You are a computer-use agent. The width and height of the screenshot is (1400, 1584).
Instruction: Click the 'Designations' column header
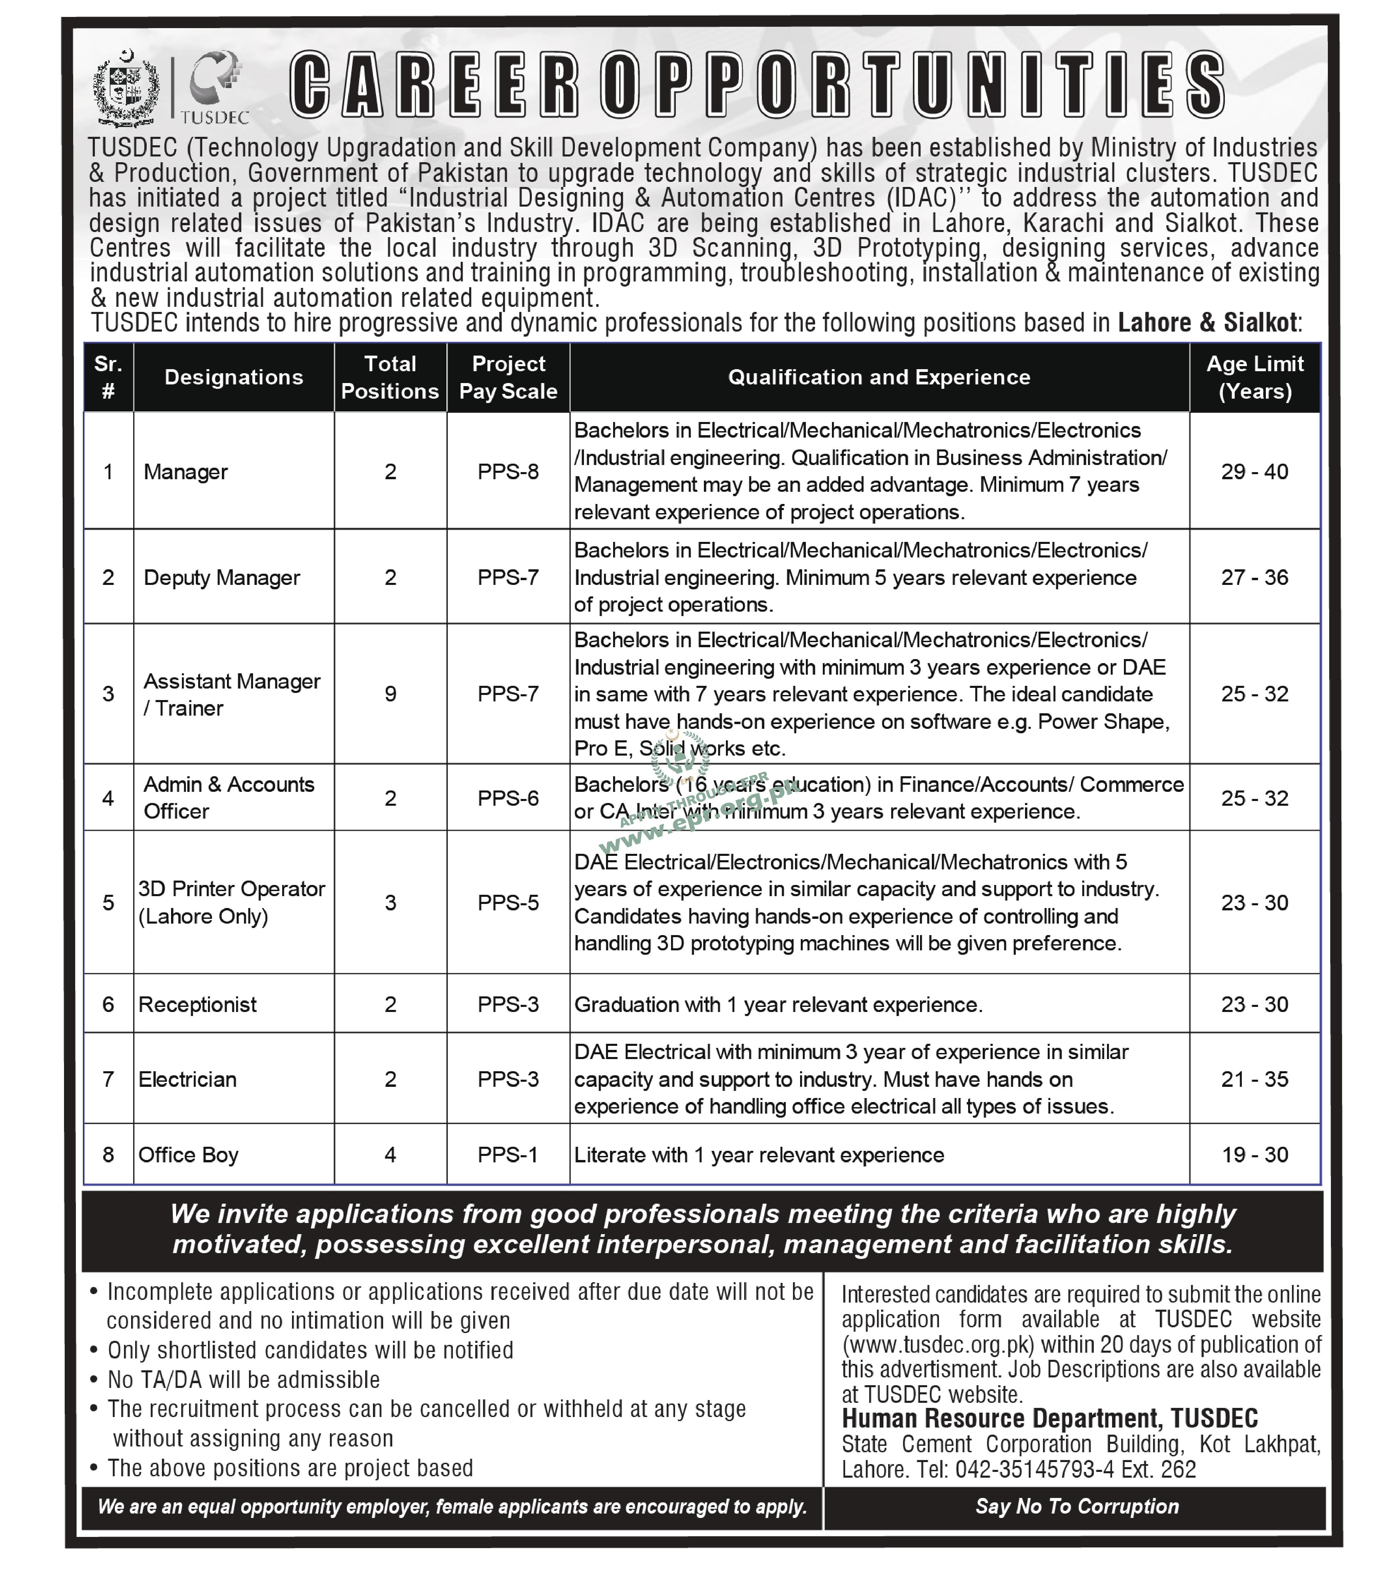233,377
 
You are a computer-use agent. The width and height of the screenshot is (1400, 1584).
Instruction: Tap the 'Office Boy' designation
188,1155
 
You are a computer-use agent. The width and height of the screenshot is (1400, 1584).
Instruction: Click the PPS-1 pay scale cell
508,1155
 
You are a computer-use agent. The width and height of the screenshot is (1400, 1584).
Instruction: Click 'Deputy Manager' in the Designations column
222,577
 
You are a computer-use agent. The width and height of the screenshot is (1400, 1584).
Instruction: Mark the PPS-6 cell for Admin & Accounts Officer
508,798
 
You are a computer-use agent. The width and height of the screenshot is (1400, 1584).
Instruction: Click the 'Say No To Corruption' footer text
1077,1506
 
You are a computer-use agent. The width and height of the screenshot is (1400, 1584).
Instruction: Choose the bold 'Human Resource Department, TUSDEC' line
1050,1419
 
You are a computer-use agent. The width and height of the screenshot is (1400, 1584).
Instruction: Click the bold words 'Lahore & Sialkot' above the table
1207,322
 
